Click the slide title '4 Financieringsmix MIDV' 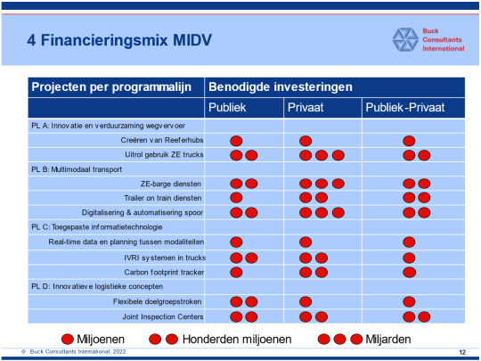pyautogui.click(x=119, y=40)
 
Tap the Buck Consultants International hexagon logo pyautogui.click(x=405, y=39)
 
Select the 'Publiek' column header pyautogui.click(x=227, y=108)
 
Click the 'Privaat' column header pyautogui.click(x=306, y=108)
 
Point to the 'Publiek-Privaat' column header pyautogui.click(x=405, y=108)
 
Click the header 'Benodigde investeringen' pyautogui.click(x=281, y=86)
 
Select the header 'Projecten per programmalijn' pyautogui.click(x=111, y=87)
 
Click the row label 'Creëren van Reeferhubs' pyautogui.click(x=162, y=140)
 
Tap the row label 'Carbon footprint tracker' pyautogui.click(x=164, y=272)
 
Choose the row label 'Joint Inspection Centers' pyautogui.click(x=163, y=316)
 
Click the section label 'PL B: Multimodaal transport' pyautogui.click(x=77, y=169)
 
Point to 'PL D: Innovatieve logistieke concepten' pyautogui.click(x=97, y=287)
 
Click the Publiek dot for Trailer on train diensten pyautogui.click(x=236, y=198)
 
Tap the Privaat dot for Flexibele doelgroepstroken pyautogui.click(x=306, y=302)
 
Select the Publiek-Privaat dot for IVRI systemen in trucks pyautogui.click(x=409, y=258)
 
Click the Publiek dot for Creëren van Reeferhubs pyautogui.click(x=236, y=141)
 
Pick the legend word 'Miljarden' pyautogui.click(x=388, y=340)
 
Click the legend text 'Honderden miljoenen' pyautogui.click(x=237, y=340)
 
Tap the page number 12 pyautogui.click(x=462, y=352)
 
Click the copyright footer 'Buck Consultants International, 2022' pyautogui.click(x=77, y=352)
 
